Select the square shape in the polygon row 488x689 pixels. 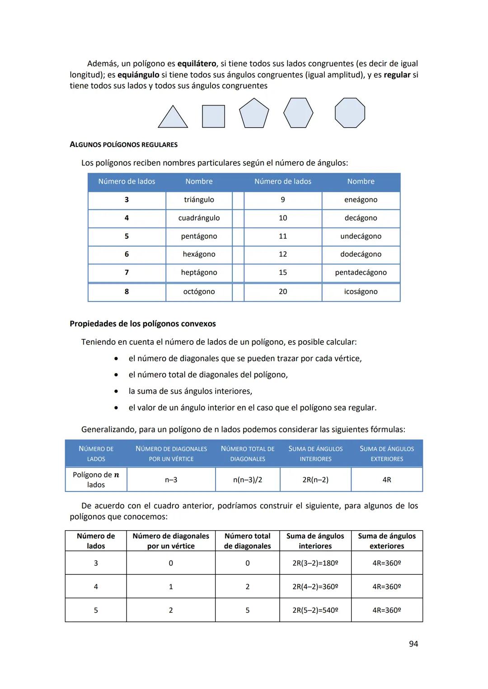point(213,116)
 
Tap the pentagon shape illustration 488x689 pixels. point(254,114)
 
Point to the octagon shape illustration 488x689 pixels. point(350,113)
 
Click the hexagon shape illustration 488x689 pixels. point(298,113)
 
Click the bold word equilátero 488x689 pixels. point(197,64)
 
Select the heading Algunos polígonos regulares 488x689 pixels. point(123,145)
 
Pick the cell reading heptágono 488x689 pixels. point(199,273)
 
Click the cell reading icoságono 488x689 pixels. point(361,291)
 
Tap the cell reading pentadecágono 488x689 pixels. point(361,273)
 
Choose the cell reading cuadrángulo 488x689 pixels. point(199,218)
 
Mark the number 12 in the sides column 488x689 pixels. point(283,254)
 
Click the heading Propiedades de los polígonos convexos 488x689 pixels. point(143,324)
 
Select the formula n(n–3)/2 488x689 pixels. point(248,480)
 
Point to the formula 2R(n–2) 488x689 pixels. point(315,480)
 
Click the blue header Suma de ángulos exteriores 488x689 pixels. point(387,453)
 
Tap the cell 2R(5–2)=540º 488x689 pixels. point(315,610)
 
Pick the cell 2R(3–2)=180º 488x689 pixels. point(315,563)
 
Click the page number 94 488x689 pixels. point(413,644)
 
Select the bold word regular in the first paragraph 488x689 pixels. point(397,75)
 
